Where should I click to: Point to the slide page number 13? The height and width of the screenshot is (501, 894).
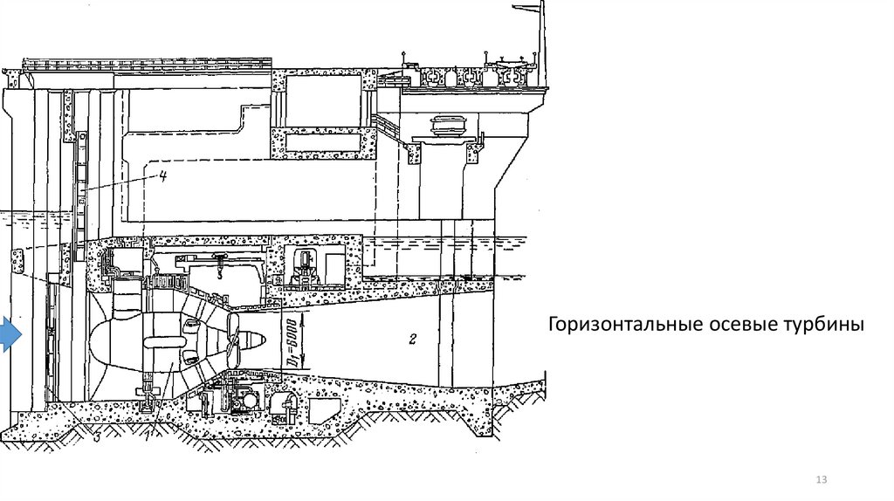click(820, 481)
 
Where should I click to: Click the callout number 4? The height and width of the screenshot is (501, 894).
click(162, 175)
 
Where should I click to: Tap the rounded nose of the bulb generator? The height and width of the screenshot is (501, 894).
click(100, 340)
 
